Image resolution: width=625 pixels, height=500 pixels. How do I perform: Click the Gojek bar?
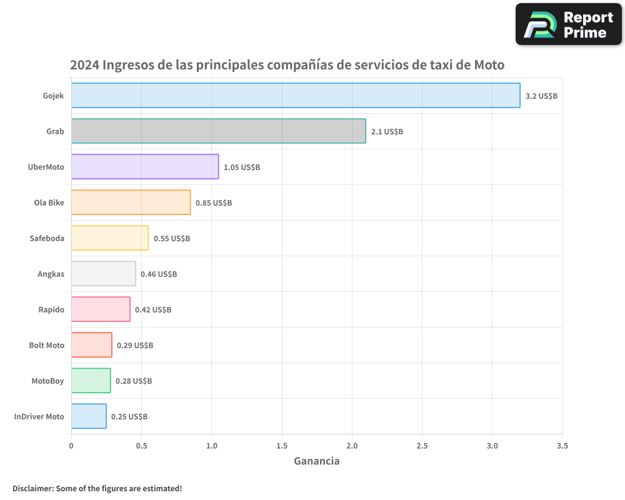coord(295,96)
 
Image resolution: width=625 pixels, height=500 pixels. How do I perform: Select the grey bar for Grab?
coord(218,131)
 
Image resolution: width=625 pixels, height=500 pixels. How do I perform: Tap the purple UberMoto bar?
coord(144,167)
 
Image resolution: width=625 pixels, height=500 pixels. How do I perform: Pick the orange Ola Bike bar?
coord(131,202)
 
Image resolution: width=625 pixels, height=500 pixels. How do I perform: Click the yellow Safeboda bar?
coord(109,238)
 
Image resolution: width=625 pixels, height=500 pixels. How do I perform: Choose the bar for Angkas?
coord(103,274)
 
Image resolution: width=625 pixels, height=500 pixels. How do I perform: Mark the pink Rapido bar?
coord(100,309)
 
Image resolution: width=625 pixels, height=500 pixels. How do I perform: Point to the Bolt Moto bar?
coord(91,345)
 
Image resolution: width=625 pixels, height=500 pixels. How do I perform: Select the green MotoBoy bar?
coord(91,381)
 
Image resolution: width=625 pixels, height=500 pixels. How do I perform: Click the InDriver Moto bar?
coord(88,416)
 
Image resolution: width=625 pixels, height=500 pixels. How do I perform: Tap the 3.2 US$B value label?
coord(541,96)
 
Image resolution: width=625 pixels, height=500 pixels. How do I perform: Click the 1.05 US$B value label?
coord(242,167)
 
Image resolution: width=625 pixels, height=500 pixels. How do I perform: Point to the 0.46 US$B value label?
coord(159,274)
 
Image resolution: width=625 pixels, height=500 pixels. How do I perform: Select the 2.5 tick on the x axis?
coord(422,446)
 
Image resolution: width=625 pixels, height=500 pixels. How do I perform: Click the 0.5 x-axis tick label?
coord(141,446)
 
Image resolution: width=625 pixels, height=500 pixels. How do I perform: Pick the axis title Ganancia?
coord(317,461)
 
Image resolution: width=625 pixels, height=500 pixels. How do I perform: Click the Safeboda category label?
coord(47,238)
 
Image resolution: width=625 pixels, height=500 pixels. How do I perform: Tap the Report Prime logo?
coord(569,24)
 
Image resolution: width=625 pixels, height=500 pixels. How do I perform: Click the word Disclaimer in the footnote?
coord(32,488)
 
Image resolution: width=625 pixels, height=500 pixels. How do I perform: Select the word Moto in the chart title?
coord(489,65)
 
